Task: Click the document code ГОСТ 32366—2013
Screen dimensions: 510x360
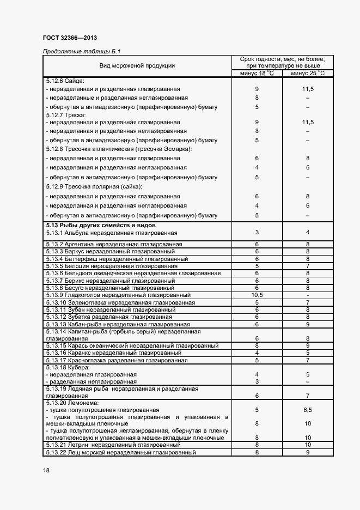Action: pyautogui.click(x=70, y=38)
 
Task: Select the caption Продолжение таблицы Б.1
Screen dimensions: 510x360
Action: pyautogui.click(x=81, y=51)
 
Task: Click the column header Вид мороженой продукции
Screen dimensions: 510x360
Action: pyautogui.click(x=137, y=66)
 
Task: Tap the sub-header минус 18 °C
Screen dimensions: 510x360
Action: pyautogui.click(x=257, y=74)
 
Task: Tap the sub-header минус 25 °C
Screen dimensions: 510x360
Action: pyautogui.click(x=308, y=74)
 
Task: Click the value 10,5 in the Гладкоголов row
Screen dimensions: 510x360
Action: pyautogui.click(x=257, y=295)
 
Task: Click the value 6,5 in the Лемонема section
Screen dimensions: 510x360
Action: pyautogui.click(x=308, y=409)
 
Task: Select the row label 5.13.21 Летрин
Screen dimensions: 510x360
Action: pyautogui.click(x=113, y=445)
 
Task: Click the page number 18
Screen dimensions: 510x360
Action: pyautogui.click(x=46, y=471)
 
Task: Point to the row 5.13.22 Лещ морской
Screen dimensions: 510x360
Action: pyautogui.click(x=120, y=452)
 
